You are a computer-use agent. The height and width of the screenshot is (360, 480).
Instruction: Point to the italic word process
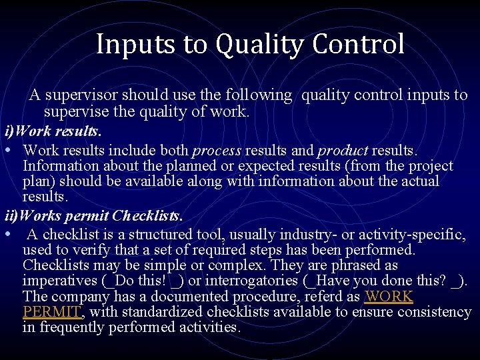point(216,151)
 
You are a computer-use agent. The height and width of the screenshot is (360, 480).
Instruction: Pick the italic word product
point(343,151)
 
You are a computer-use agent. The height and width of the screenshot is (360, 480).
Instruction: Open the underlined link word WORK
point(389,296)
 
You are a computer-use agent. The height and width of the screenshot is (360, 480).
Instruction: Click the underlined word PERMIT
point(52,311)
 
